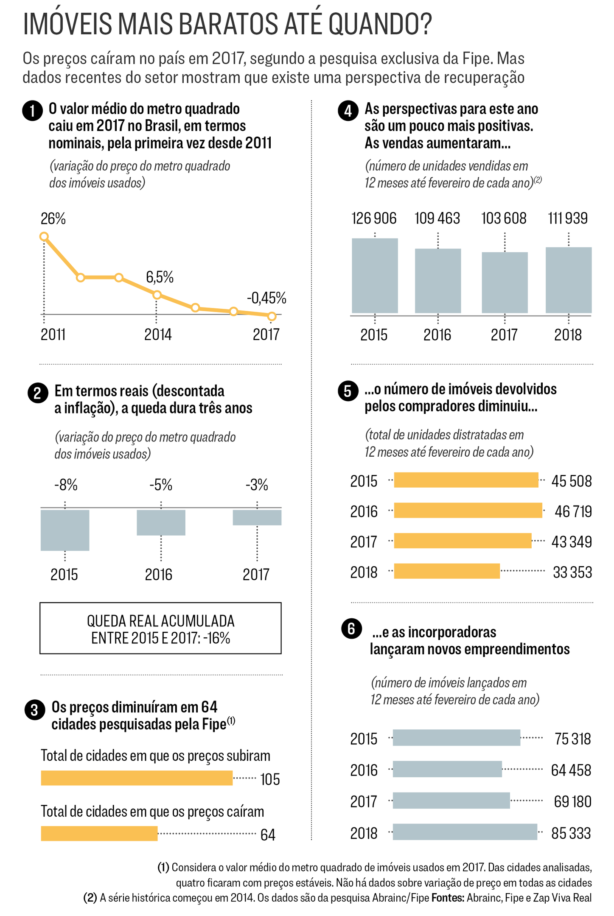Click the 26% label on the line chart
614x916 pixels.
click(53, 219)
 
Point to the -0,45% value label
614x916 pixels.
click(266, 298)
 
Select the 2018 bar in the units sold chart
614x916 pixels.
click(568, 280)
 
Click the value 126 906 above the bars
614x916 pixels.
click(374, 218)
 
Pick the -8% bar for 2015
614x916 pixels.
click(65, 530)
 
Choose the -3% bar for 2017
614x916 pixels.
click(257, 517)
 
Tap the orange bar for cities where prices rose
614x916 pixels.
click(137, 778)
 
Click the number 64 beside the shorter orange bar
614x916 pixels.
click(268, 835)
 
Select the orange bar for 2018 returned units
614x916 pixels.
click(447, 571)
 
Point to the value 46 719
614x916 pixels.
click(573, 511)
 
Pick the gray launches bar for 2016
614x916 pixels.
click(447, 769)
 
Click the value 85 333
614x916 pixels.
click(571, 833)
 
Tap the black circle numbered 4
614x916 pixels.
click(348, 111)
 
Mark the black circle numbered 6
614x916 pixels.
click(351, 628)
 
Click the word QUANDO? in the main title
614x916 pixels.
click(380, 25)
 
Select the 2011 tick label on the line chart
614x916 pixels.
click(53, 335)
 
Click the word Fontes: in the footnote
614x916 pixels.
click(448, 898)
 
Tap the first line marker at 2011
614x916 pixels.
click(44, 237)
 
